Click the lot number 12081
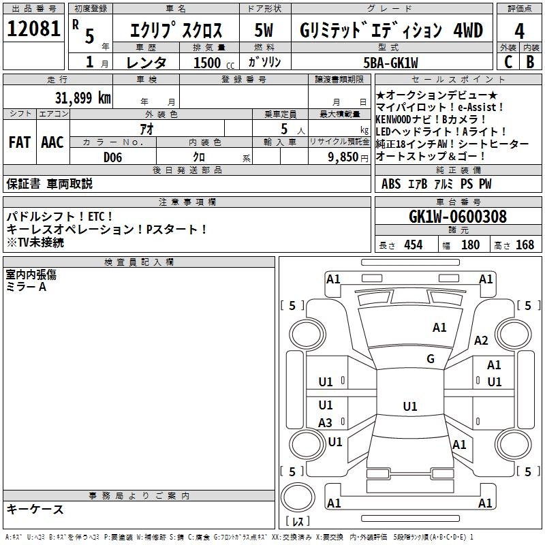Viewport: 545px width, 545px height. tap(33, 30)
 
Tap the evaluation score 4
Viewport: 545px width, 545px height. tap(519, 31)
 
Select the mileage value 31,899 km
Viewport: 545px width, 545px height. tap(82, 97)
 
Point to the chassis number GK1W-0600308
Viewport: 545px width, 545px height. tap(457, 217)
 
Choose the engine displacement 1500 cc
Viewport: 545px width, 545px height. tap(208, 63)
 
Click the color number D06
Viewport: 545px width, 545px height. tap(113, 157)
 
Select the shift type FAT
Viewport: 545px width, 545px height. tap(19, 142)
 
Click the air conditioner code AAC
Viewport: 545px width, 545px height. tap(52, 142)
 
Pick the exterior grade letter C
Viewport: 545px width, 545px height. tap(508, 61)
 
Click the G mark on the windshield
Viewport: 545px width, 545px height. tap(430, 359)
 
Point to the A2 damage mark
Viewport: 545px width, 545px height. tap(481, 341)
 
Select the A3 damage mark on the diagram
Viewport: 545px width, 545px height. tap(326, 423)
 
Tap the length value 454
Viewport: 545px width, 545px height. tap(413, 245)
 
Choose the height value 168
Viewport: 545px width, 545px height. tap(525, 245)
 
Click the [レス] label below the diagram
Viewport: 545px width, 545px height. tap(297, 523)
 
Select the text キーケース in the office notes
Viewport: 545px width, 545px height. tap(35, 510)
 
